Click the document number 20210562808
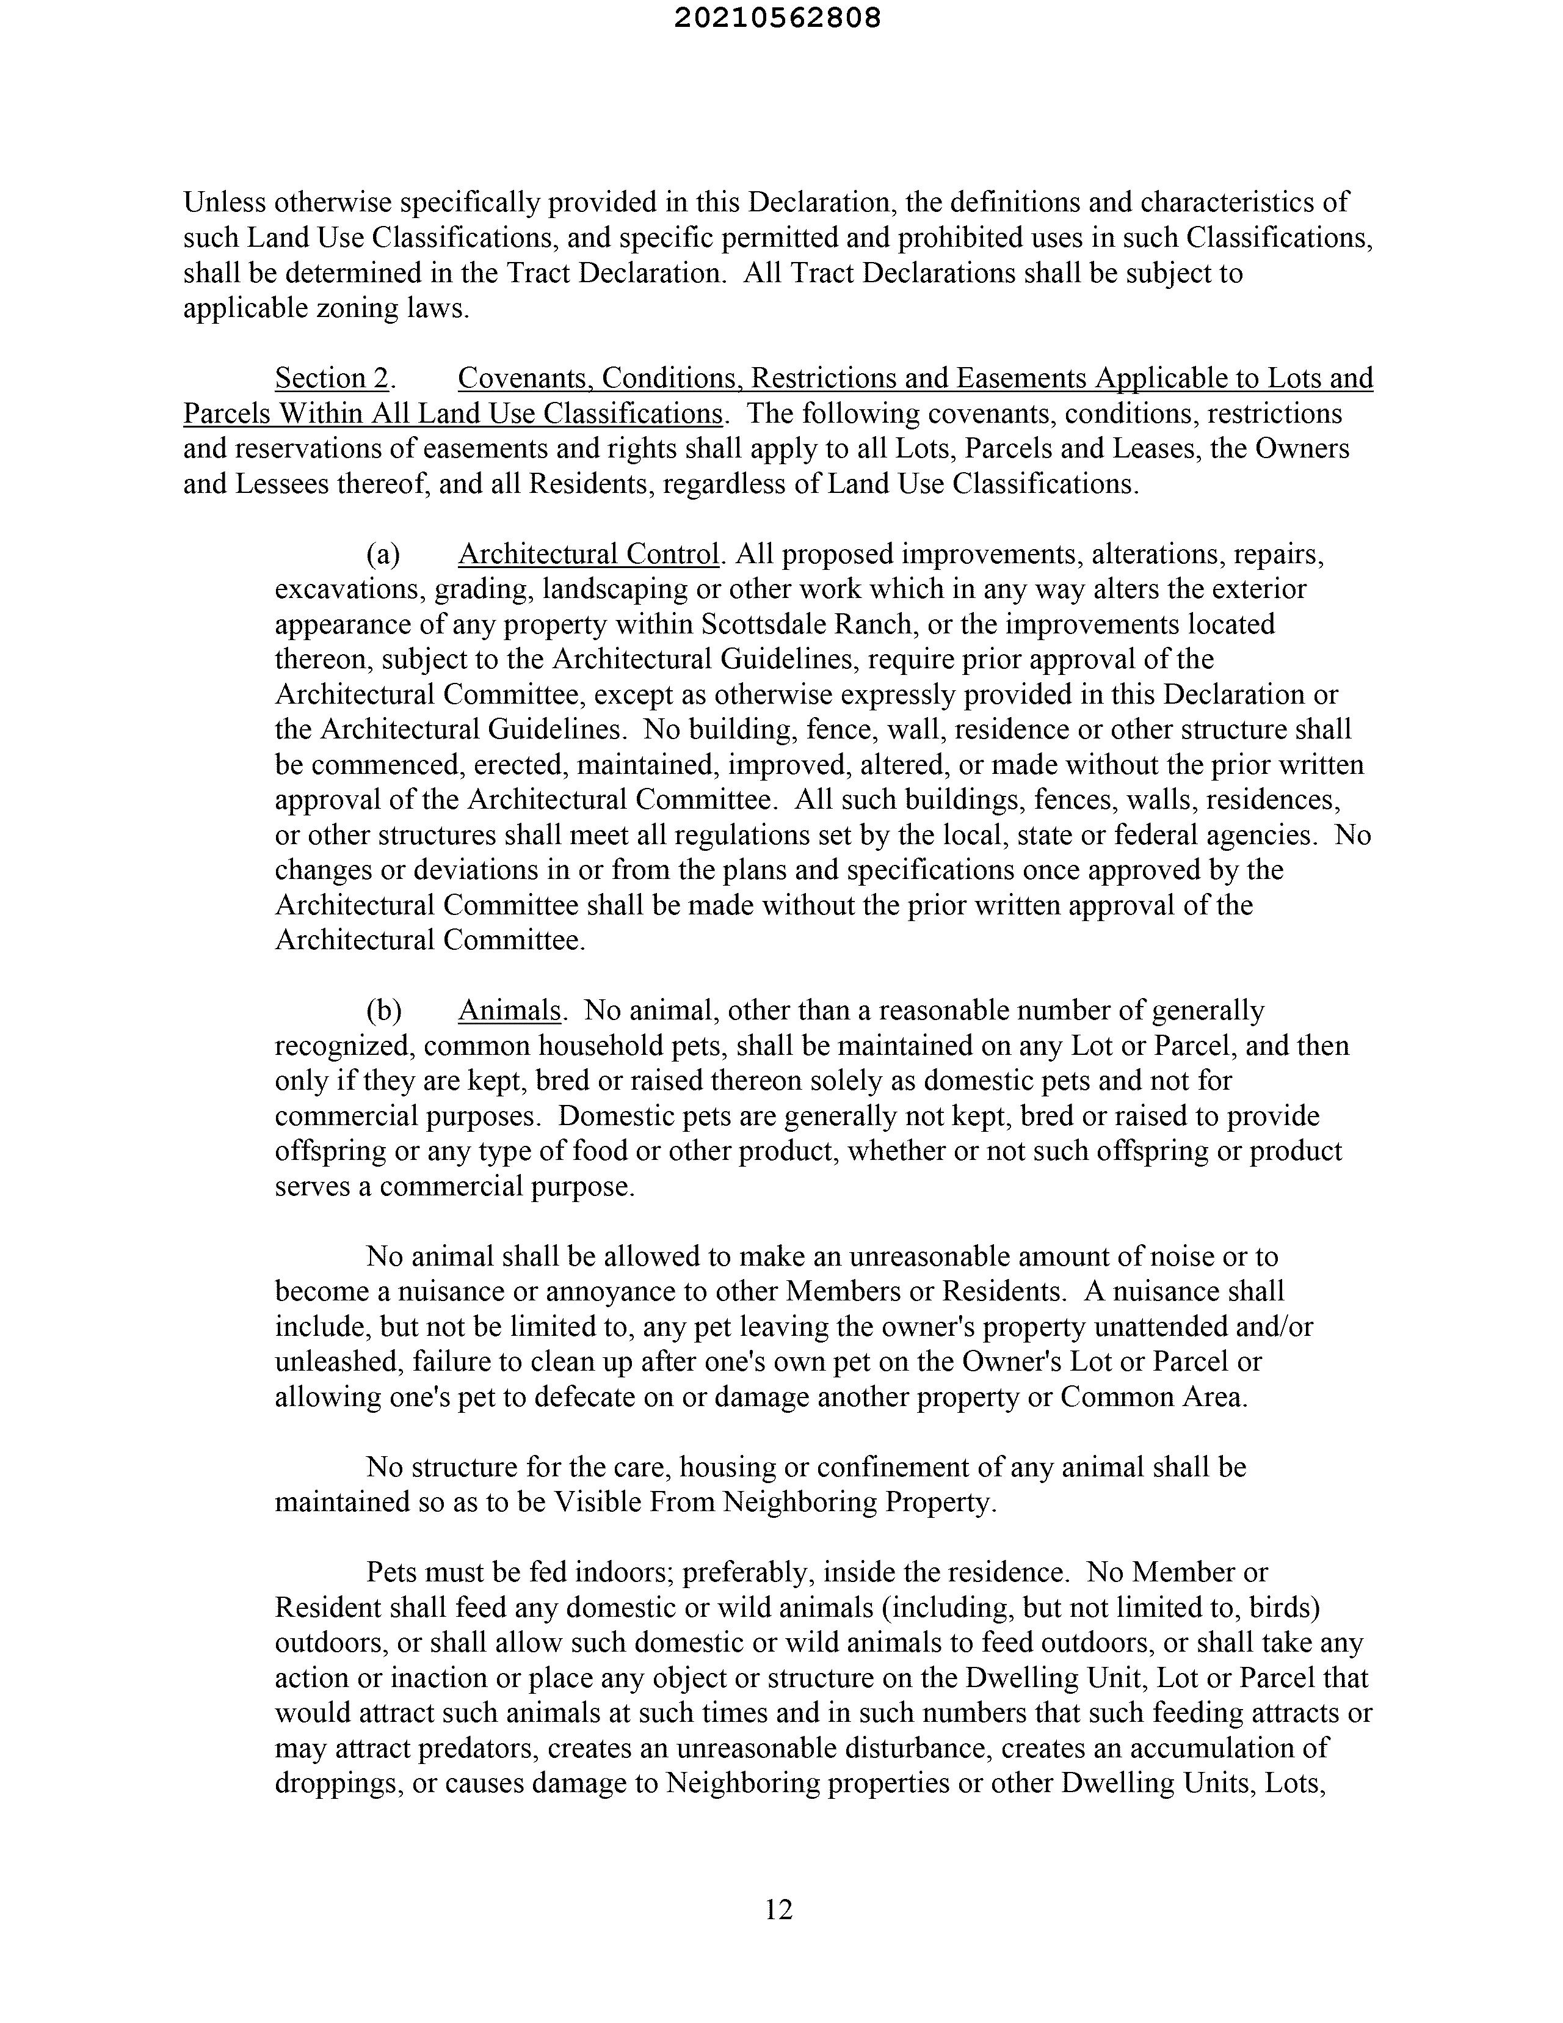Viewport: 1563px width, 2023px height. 778,18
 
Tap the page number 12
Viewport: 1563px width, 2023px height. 778,1909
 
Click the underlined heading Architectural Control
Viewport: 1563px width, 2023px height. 589,554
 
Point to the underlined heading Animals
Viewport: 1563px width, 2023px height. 509,1010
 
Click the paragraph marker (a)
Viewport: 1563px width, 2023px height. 383,554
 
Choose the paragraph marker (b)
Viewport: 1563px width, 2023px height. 384,1010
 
